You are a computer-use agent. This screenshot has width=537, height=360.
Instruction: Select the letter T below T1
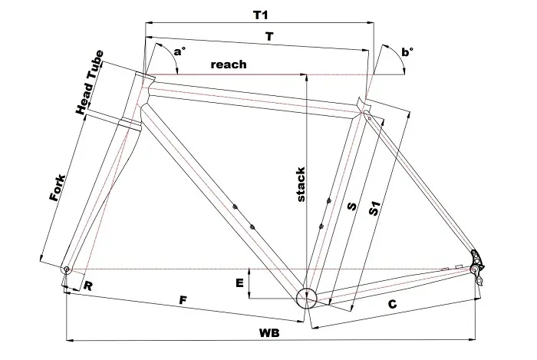tap(268, 36)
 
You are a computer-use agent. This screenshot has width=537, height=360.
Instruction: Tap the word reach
tap(229, 64)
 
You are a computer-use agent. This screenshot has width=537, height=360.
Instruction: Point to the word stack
tap(301, 184)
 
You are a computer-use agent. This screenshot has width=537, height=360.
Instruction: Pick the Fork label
tap(57, 187)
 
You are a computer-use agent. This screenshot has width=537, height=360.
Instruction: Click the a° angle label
tap(179, 51)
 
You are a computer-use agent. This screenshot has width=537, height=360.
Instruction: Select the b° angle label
tap(407, 51)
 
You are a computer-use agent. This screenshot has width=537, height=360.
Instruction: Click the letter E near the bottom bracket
tap(240, 284)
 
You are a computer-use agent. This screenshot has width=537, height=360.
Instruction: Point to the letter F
tap(182, 300)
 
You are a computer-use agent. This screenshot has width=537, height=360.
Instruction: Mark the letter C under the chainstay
tap(392, 305)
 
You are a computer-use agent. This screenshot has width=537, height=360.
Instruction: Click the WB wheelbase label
tap(268, 332)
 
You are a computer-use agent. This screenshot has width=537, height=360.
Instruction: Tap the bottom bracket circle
tap(306, 297)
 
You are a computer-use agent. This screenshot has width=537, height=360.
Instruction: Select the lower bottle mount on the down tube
tap(252, 226)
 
